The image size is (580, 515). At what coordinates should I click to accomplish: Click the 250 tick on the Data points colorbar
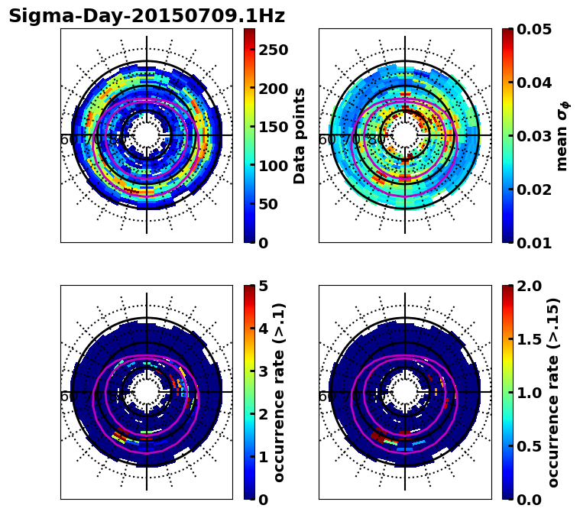[x=273, y=50]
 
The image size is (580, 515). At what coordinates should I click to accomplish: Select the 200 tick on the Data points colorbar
[x=273, y=89]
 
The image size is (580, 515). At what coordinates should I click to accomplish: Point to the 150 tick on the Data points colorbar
[x=273, y=128]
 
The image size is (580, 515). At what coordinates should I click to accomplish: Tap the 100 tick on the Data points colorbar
[x=273, y=166]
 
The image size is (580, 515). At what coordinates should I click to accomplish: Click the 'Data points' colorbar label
[x=300, y=135]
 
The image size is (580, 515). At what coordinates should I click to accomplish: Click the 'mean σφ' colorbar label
[x=562, y=135]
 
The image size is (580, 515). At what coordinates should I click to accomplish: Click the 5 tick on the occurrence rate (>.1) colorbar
[x=264, y=286]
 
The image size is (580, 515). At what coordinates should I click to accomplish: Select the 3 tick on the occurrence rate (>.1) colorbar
[x=264, y=371]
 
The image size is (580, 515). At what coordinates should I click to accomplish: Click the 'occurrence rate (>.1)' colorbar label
[x=279, y=392]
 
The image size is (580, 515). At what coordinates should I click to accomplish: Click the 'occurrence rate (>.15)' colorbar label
[x=553, y=392]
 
